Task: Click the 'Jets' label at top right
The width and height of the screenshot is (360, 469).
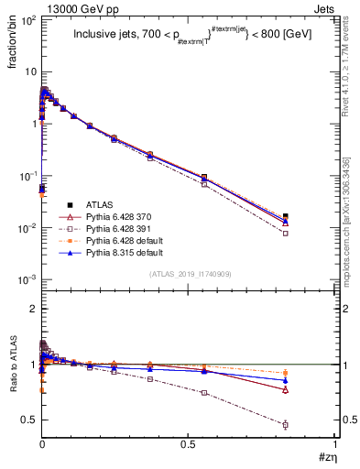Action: [325, 7]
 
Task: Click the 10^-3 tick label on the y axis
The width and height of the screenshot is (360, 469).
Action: [26, 279]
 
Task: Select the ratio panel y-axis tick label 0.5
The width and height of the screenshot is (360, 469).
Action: [27, 420]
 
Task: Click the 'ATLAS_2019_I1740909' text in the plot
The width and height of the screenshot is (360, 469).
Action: [189, 274]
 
